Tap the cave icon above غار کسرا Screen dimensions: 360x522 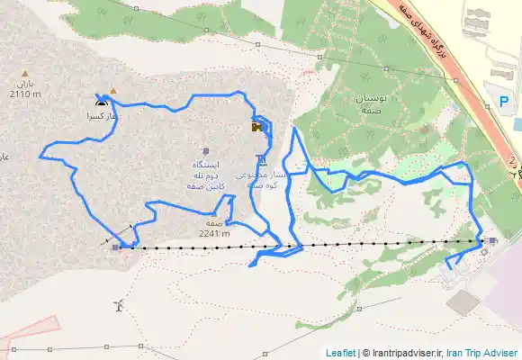pyautogui.click(x=99, y=102)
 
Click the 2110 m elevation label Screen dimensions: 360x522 pyautogui.click(x=25, y=94)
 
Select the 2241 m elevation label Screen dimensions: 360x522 pyautogui.click(x=214, y=233)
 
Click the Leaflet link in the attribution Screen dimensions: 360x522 pyautogui.click(x=340, y=353)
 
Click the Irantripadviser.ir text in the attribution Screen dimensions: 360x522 pyautogui.click(x=400, y=353)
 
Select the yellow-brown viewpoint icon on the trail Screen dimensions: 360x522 pyautogui.click(x=257, y=128)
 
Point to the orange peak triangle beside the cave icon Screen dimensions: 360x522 pyautogui.click(x=112, y=91)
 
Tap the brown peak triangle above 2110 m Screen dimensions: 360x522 pyautogui.click(x=26, y=73)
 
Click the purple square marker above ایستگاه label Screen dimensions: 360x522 pyautogui.click(x=206, y=150)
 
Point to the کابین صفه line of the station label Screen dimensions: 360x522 pyautogui.click(x=205, y=184)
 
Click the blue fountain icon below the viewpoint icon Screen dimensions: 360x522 pyautogui.click(x=261, y=160)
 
